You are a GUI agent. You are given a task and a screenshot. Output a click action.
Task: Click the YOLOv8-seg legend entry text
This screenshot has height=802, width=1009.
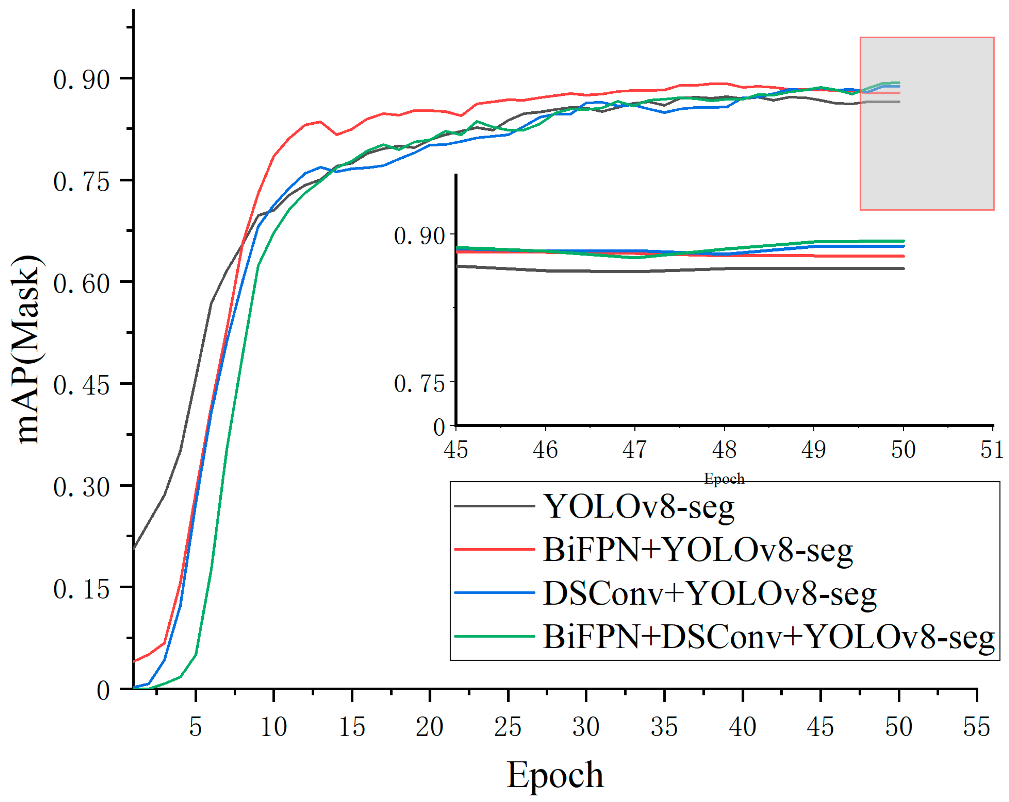point(639,507)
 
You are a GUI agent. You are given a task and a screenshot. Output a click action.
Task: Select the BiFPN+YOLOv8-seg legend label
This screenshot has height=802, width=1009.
point(698,550)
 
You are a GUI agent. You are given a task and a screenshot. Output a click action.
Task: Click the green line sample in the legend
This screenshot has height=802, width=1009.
point(494,636)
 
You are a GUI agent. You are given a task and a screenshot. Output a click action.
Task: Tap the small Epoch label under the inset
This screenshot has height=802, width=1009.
point(724,478)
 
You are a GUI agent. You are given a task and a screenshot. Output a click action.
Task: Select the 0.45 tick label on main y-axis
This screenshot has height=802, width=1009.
point(81,385)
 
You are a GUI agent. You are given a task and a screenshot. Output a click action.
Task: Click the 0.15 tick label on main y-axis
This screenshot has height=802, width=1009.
point(81,589)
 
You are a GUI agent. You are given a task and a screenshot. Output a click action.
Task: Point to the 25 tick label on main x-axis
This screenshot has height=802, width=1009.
point(508,727)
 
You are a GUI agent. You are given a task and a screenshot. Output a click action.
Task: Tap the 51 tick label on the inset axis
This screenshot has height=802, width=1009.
point(992,450)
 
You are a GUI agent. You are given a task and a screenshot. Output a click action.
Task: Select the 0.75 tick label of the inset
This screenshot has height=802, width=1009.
point(419,384)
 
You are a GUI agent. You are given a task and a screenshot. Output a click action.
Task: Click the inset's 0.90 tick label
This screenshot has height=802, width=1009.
point(419,236)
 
